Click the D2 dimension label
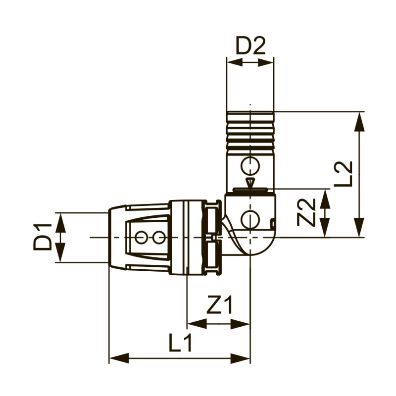coord(250,46)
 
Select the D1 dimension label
coord(43,237)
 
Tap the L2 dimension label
coord(343,174)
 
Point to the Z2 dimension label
coord(306,212)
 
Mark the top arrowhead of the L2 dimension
coord(359,121)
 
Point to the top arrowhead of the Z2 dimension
coord(325,198)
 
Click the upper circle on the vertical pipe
coord(250,165)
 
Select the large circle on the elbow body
coord(250,219)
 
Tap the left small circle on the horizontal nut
coord(141,238)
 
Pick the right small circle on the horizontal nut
coord(158,238)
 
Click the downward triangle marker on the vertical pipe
coord(250,183)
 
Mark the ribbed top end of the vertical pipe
coord(250,130)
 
